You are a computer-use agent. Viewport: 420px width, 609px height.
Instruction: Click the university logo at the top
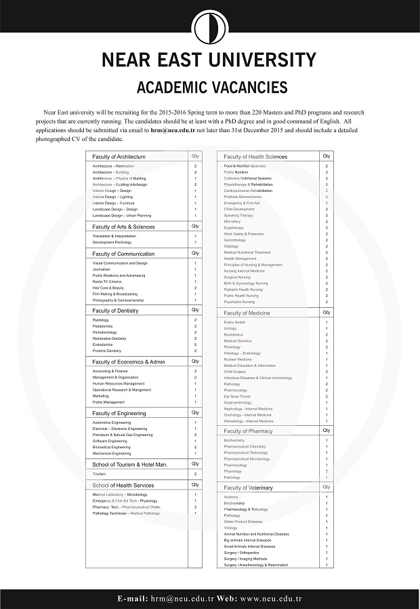209,28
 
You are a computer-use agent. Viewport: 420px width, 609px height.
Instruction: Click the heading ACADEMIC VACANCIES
211,87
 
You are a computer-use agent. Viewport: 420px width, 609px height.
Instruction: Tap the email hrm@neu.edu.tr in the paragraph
173,129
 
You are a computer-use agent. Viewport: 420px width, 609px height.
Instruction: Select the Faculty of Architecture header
119,157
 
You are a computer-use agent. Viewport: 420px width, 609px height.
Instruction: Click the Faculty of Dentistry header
115,311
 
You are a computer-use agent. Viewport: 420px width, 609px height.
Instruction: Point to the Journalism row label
102,269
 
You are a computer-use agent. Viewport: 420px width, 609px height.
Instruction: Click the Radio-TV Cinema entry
107,281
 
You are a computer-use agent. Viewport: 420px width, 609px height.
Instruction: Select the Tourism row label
100,473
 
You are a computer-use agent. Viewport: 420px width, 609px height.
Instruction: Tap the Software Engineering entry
110,441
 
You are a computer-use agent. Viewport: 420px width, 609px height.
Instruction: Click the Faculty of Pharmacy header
249,431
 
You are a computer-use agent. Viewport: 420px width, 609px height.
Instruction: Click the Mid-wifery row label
232,222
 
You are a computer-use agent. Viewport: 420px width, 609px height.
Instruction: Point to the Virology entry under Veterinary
230,528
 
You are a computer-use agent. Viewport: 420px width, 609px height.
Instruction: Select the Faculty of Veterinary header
249,488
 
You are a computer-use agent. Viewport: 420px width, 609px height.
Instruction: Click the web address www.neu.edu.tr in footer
270,600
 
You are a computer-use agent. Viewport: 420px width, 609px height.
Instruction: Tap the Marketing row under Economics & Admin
100,396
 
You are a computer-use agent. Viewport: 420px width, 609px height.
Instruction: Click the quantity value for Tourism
196,473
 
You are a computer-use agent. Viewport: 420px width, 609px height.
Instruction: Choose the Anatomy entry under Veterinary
231,497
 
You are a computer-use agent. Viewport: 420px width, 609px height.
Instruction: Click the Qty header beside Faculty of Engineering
195,412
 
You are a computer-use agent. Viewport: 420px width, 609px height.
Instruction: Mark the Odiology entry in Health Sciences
231,246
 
